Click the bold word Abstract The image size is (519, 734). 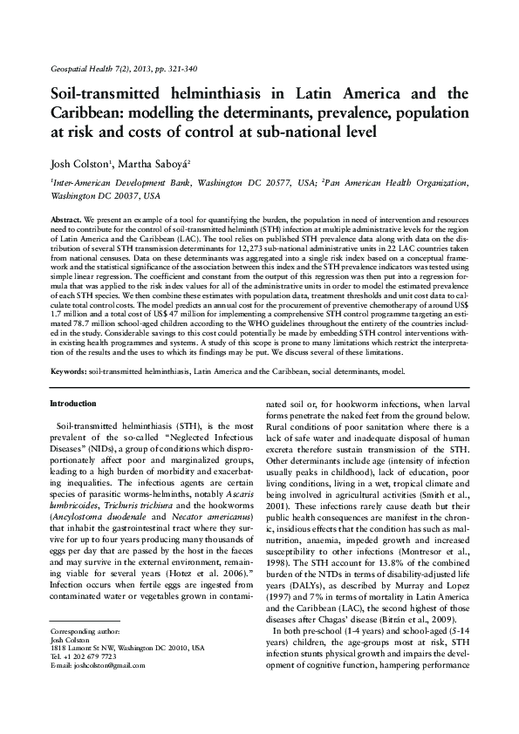coord(66,217)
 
